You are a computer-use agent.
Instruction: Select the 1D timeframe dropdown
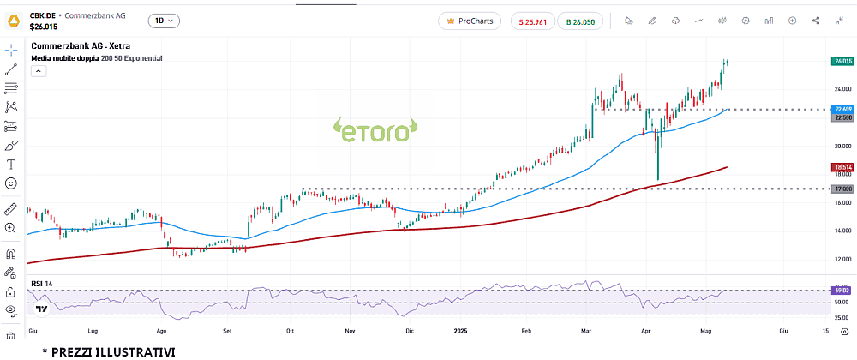163,21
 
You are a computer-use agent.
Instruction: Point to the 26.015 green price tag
842,61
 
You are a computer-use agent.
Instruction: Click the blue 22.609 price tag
842,109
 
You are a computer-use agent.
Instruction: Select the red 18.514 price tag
842,167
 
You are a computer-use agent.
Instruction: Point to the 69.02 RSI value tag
842,291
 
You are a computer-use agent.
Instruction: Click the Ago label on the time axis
161,329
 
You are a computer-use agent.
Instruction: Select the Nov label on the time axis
350,329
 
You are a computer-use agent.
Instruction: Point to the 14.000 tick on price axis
842,231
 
